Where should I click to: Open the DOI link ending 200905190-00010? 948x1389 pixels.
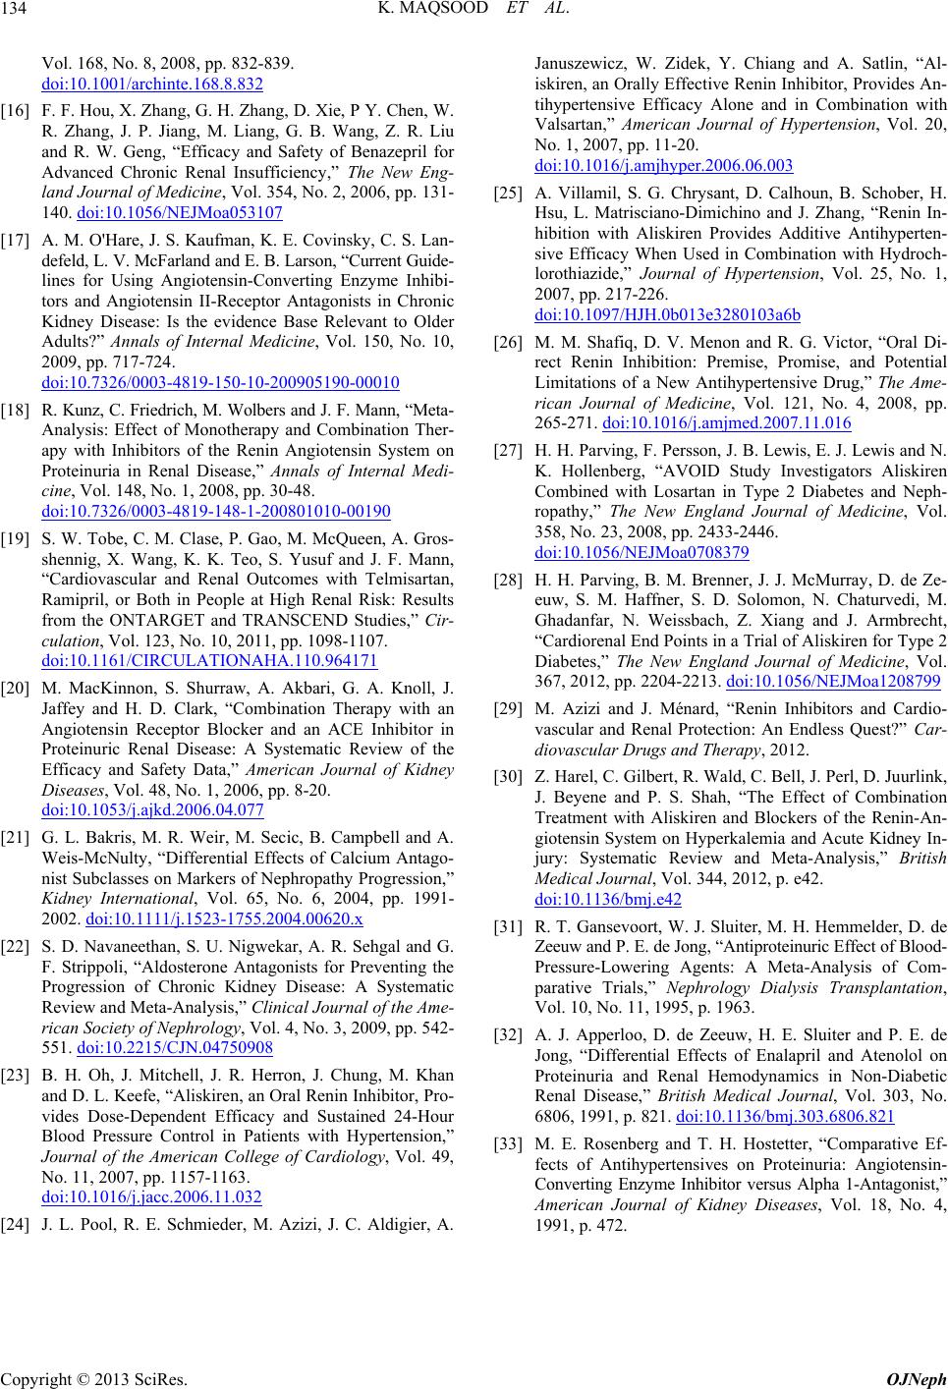[221, 382]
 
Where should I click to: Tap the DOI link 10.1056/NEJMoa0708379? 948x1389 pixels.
[644, 553]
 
